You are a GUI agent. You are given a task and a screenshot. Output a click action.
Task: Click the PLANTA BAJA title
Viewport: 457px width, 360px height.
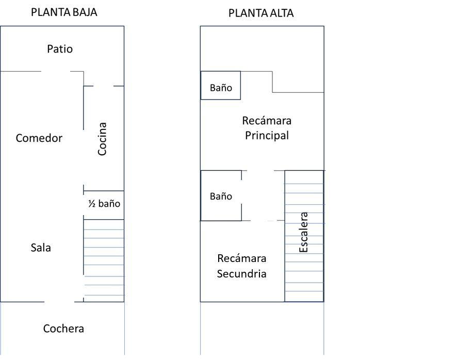[x=64, y=12]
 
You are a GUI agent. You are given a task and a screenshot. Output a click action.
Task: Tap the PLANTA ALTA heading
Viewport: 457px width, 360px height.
[x=261, y=13]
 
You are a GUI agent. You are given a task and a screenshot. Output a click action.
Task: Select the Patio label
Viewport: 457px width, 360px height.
[x=60, y=49]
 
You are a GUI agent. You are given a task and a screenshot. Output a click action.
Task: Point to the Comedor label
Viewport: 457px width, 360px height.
[x=39, y=138]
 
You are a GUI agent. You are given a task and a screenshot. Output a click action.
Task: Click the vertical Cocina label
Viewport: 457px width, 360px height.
[x=102, y=139]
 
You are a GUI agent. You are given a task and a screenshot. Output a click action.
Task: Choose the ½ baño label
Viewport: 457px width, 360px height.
[x=104, y=204]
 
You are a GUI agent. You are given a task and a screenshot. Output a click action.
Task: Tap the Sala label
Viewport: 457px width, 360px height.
[x=41, y=248]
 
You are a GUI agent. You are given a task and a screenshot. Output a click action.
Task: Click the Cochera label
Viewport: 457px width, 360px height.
[x=63, y=329]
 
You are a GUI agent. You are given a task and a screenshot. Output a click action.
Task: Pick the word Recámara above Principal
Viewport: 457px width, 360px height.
[x=267, y=121]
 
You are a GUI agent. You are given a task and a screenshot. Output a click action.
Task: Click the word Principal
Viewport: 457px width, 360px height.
[x=267, y=136]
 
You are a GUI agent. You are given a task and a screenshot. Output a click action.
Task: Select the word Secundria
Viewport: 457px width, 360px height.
[x=241, y=274]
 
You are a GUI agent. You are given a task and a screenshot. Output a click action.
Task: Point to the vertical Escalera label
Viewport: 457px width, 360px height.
[x=304, y=232]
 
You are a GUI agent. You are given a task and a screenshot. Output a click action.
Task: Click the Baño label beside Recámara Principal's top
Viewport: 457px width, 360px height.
[x=221, y=88]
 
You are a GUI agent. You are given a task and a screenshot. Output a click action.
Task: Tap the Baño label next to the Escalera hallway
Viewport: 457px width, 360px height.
[x=221, y=197]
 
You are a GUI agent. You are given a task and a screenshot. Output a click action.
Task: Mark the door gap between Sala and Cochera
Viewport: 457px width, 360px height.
[x=59, y=302]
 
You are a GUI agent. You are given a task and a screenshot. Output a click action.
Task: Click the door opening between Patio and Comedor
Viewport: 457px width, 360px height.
[x=56, y=71]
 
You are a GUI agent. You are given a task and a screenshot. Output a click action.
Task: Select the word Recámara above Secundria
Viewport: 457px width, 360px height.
[x=241, y=258]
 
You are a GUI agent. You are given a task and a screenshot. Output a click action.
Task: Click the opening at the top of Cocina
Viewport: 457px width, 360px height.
[x=103, y=86]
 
